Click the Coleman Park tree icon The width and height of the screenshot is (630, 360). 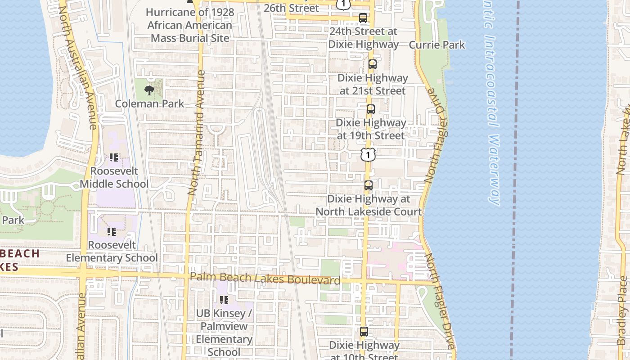coord(149,90)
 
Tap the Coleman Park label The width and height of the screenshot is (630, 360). coord(149,103)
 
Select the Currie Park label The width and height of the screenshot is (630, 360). coord(436,45)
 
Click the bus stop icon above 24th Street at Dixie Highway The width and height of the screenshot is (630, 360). coord(363,18)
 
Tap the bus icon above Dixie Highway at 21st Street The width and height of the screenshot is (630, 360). coord(372,64)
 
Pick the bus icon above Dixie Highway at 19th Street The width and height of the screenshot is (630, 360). coord(370,109)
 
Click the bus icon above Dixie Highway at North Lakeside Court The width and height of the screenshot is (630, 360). coord(368,185)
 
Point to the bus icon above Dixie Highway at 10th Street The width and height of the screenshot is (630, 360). coord(364,332)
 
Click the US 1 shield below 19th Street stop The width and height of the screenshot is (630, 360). coord(368,155)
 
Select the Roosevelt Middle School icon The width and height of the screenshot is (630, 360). coord(113,157)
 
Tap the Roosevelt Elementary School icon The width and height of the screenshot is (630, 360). coord(111,232)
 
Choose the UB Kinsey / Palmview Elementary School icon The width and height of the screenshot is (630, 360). coord(224,300)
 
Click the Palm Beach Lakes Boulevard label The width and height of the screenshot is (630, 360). coord(265,279)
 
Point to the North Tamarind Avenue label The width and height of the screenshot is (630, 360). coord(197,133)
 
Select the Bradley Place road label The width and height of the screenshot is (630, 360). coord(623,310)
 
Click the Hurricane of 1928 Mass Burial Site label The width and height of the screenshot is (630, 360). coord(190,25)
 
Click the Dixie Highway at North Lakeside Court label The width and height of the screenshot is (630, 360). coord(369,205)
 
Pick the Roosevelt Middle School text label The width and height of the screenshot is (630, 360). coord(114,177)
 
